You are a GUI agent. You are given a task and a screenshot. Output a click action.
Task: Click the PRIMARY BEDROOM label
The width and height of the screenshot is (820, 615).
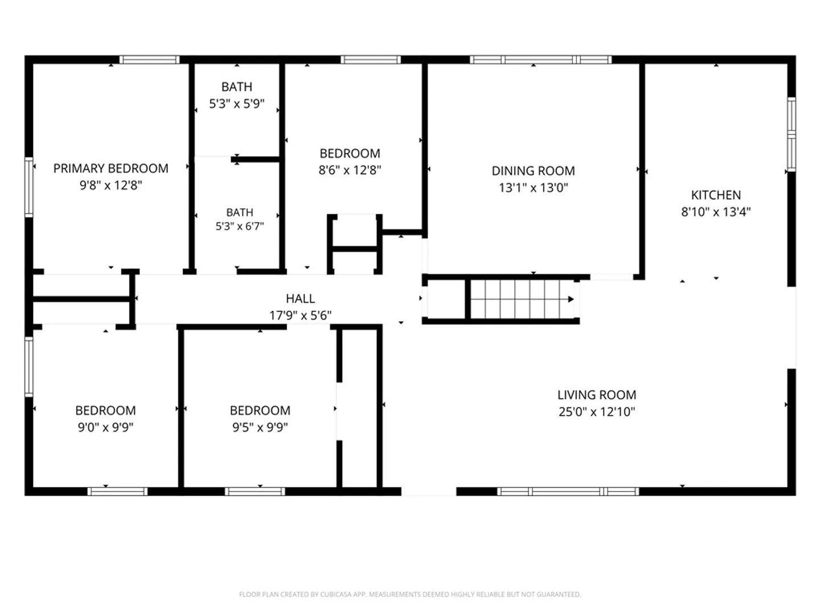pos(110,169)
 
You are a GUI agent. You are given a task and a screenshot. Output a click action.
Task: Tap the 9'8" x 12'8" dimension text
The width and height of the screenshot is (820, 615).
pos(111,185)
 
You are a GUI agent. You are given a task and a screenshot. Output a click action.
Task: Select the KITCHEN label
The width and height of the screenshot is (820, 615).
pos(716,195)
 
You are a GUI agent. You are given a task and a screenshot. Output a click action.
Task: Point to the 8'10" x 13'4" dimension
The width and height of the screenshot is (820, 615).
pos(716,212)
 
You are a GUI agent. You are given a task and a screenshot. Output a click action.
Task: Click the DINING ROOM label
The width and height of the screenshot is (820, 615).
pos(533,171)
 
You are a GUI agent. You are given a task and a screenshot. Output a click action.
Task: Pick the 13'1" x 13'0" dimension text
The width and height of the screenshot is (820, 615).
pos(534,187)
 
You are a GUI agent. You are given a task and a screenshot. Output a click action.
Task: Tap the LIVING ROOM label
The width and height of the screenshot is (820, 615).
pos(597,395)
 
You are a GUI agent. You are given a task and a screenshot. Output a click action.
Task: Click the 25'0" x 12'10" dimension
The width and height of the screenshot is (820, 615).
pos(597,412)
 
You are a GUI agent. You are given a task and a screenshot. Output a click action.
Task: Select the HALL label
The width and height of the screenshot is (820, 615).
pos(300,299)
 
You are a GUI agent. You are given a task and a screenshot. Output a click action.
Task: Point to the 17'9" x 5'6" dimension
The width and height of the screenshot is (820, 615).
pos(300,315)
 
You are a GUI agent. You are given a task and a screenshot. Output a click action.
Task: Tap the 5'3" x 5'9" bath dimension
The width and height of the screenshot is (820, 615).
pos(236,104)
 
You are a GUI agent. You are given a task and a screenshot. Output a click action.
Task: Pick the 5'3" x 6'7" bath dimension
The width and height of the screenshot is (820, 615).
pos(240,226)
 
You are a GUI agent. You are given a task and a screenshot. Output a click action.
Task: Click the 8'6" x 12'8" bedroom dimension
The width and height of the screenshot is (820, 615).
pos(350,170)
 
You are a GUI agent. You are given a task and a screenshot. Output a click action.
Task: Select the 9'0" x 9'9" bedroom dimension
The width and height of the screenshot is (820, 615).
pos(105,427)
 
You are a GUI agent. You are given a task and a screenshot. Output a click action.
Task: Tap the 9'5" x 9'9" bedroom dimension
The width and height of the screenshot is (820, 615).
pos(260,427)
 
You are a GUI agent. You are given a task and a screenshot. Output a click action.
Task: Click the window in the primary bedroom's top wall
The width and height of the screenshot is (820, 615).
pos(149,60)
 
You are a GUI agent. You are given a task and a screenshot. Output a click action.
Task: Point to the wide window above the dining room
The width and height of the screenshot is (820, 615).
pos(540,60)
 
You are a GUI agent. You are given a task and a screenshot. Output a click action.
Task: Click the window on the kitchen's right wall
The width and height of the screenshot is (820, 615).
pos(792,134)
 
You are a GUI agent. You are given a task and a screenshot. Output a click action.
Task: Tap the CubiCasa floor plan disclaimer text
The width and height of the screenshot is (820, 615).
pos(410,594)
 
